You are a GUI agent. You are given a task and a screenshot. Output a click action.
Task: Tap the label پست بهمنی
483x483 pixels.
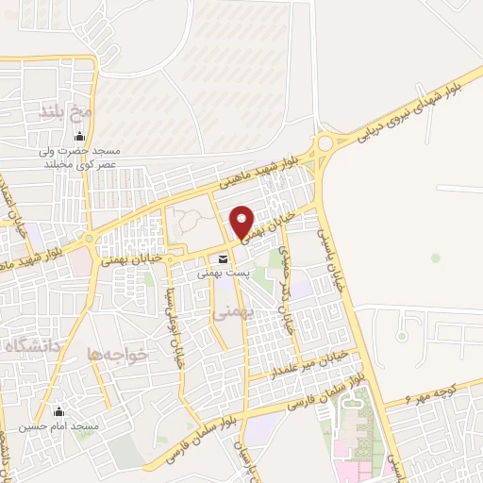pyautogui.click(x=223, y=272)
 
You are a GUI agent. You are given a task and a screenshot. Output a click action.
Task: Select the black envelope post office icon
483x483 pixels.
pyautogui.click(x=223, y=258)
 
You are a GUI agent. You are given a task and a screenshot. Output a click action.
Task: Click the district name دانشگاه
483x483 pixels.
pyautogui.click(x=31, y=345)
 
